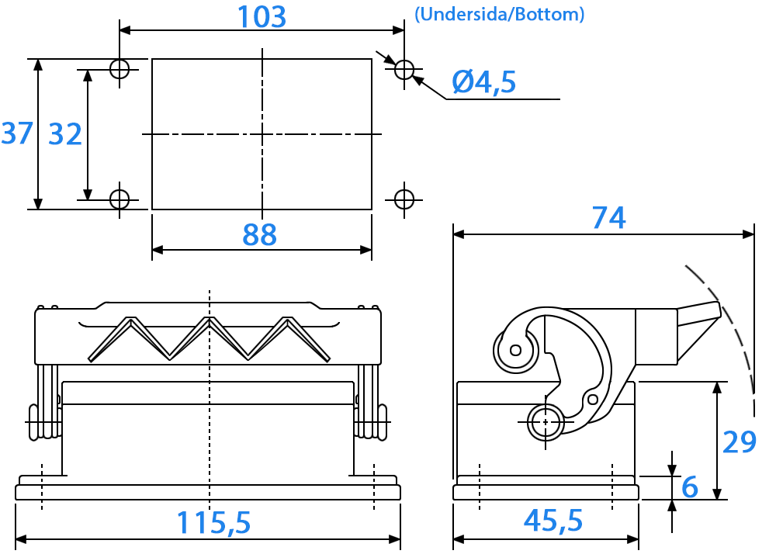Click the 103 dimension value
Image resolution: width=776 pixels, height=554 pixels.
pos(262,16)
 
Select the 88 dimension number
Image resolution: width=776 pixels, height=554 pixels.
pos(259,234)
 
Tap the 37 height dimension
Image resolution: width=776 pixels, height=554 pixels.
pos(17,133)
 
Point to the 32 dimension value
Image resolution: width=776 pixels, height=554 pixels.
pos(65,134)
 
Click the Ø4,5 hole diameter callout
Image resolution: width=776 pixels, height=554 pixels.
pos(484,81)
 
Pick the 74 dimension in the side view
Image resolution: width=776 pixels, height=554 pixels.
pos(608,217)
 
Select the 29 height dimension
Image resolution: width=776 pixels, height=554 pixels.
pos(740,441)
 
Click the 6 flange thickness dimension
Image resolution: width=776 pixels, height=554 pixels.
pos(690,486)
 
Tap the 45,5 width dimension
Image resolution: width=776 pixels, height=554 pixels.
pos(553,521)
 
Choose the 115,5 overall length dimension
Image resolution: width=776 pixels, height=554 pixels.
pos(214,522)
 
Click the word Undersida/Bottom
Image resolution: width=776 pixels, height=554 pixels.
pos(499,14)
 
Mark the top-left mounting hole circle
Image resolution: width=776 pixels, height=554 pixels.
pos(120,69)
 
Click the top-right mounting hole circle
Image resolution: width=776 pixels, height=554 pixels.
pos(404,69)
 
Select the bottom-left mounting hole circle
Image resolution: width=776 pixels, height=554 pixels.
pos(120,200)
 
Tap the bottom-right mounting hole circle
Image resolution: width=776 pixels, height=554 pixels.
pos(404,200)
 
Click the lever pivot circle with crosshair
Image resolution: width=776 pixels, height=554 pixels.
pos(546,422)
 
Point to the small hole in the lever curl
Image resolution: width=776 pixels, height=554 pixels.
pos(516,351)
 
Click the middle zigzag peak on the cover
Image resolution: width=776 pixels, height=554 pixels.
pos(210,320)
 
